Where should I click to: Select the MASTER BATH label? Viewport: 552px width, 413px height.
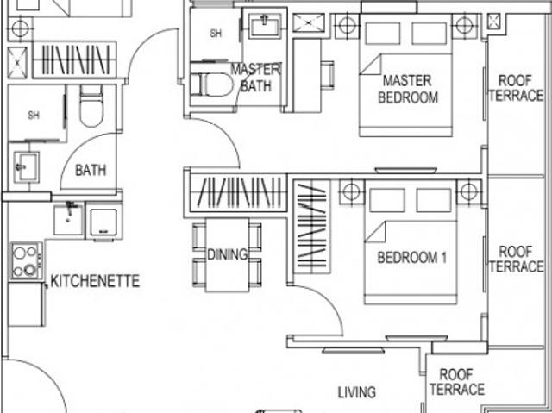coord(254,78)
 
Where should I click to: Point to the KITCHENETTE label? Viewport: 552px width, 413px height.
coord(95,281)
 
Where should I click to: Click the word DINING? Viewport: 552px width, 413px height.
coord(228,254)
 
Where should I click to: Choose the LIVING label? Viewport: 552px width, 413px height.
coord(356,392)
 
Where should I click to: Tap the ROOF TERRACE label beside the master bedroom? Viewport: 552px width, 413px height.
coord(516,88)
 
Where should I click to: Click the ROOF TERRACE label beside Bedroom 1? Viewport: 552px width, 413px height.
coord(516,259)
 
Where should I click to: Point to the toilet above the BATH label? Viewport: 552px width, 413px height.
coord(91,109)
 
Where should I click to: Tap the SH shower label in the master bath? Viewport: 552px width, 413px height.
coord(215,34)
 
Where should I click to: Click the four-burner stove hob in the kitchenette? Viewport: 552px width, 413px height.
coord(26,261)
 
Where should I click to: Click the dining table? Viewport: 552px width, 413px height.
coord(228,255)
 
